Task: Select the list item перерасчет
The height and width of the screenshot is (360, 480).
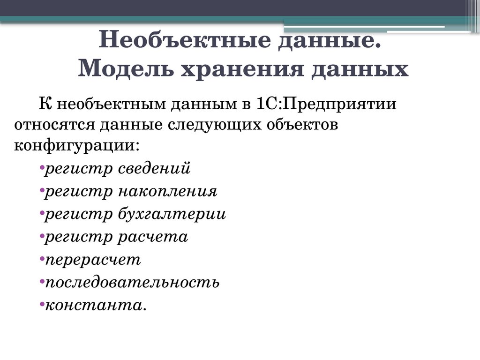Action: pos(92,260)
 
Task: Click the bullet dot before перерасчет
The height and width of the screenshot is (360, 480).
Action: pos(42,258)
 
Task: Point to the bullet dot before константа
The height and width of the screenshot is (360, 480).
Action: pos(42,304)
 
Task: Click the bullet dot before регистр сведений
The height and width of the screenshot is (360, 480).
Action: pos(42,167)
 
